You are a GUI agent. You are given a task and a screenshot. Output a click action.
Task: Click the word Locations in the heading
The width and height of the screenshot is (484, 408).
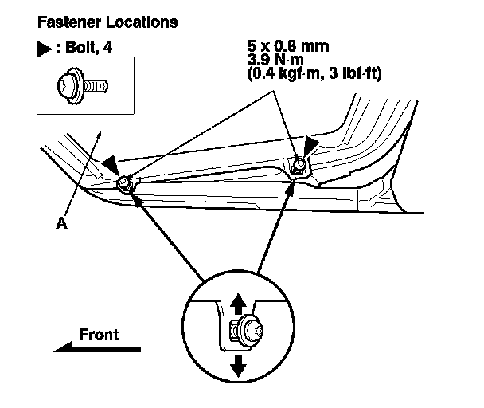point(142,22)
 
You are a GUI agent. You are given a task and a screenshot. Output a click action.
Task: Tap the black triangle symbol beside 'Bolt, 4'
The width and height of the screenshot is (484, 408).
point(44,49)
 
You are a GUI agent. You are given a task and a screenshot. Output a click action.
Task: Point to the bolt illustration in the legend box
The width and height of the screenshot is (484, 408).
point(83,85)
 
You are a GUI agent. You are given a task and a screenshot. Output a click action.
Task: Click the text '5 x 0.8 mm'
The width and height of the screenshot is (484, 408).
point(288,46)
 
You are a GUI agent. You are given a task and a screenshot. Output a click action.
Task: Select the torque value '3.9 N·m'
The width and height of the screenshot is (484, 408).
point(275,59)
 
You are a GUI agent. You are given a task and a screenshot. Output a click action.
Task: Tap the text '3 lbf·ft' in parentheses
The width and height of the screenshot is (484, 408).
point(355,73)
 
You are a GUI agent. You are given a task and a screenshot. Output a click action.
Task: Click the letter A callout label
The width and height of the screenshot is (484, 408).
point(62,223)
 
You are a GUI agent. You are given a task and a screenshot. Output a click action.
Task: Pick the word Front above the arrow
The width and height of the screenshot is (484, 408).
point(99,335)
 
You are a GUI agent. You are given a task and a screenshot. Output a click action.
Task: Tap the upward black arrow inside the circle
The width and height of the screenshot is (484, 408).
point(238,304)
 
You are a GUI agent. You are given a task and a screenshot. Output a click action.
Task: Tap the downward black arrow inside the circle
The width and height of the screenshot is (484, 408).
point(238,366)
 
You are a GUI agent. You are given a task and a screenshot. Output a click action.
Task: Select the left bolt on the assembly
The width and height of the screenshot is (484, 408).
point(124,183)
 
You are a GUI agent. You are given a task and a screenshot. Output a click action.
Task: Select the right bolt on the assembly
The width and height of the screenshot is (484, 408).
point(299,165)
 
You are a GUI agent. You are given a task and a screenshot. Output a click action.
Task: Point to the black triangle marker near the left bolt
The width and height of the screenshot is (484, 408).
point(111,165)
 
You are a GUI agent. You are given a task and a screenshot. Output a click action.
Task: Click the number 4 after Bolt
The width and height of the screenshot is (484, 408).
point(107,47)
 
